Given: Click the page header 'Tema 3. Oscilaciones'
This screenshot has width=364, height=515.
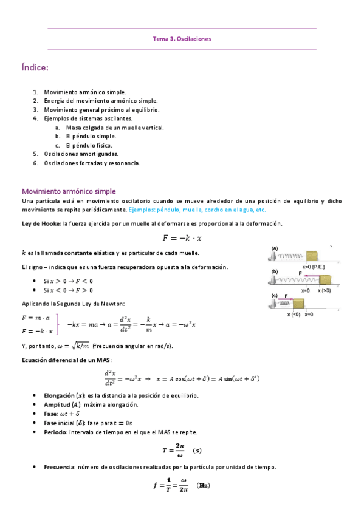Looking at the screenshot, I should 182,39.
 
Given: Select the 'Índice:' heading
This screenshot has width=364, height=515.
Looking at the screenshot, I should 35,68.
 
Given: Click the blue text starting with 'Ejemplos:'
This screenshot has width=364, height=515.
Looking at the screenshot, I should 197,210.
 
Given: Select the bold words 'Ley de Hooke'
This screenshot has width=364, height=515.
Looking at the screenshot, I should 40,224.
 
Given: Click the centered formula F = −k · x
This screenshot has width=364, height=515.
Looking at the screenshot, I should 182,237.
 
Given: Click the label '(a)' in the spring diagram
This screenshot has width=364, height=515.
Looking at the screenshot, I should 275,248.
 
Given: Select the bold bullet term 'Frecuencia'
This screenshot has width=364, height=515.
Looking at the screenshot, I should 58,467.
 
